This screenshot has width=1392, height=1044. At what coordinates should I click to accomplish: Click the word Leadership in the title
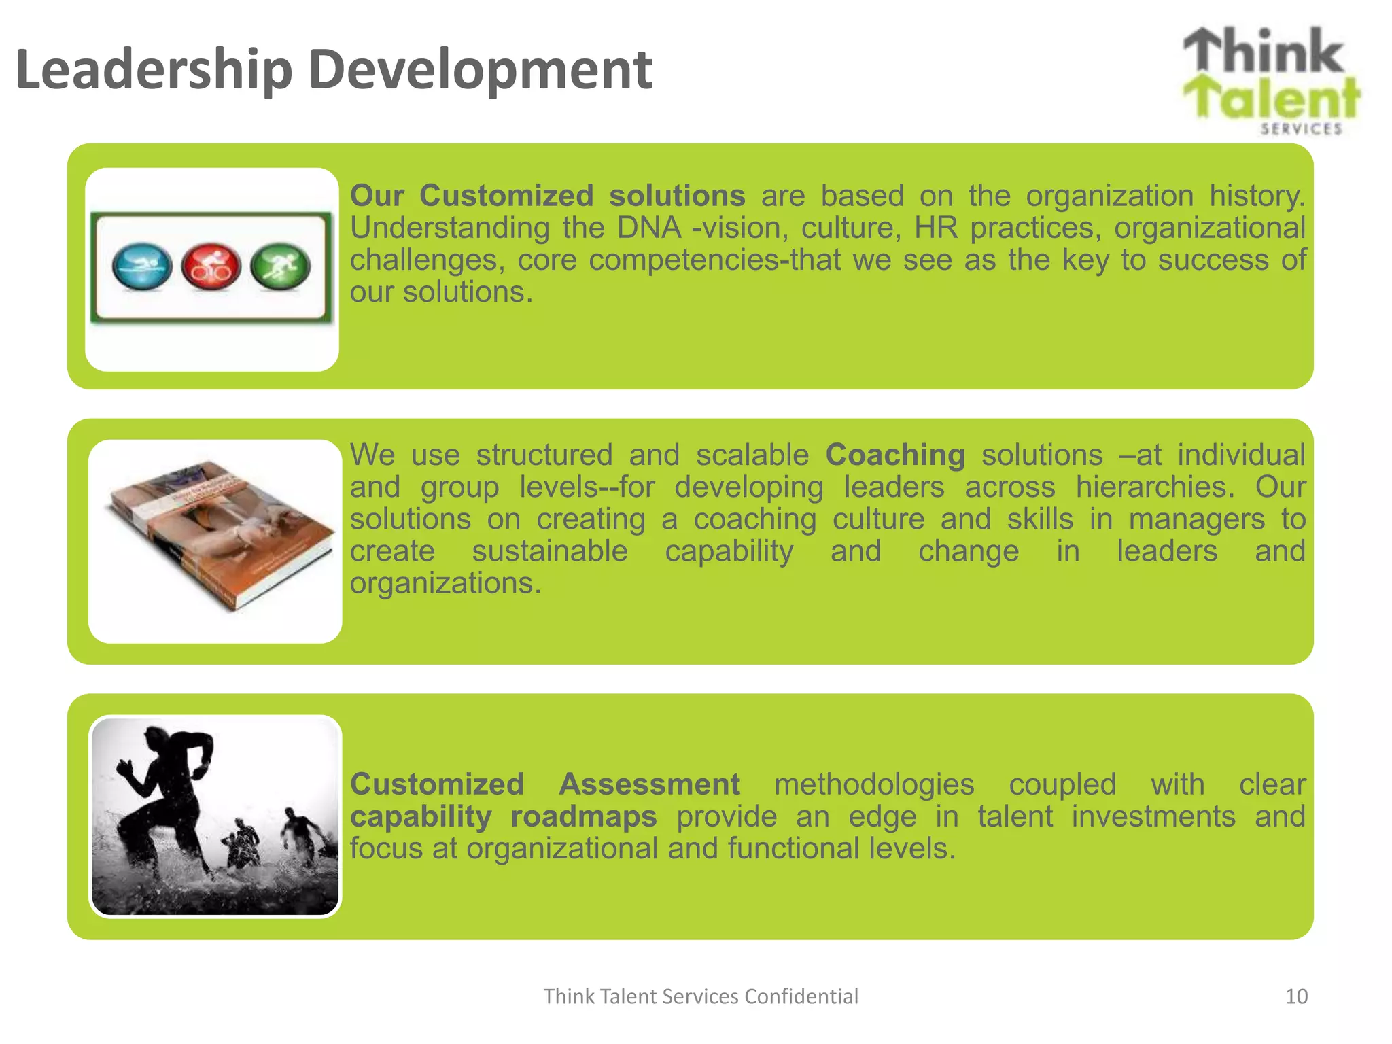(154, 71)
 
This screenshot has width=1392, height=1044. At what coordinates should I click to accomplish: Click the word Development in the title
(480, 71)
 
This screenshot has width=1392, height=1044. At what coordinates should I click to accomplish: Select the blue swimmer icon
(142, 266)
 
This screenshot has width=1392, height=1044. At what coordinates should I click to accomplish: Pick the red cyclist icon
(211, 266)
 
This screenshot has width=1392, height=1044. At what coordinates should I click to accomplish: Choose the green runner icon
(281, 266)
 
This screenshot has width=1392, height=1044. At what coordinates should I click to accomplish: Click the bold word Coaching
(895, 455)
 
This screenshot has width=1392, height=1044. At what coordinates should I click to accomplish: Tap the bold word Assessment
(649, 784)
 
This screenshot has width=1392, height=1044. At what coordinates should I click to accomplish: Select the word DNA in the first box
(649, 228)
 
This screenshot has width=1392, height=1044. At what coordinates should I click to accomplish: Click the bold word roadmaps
(583, 816)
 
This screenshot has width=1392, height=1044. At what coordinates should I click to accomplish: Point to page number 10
(1296, 996)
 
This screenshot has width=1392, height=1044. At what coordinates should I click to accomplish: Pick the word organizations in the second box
(445, 583)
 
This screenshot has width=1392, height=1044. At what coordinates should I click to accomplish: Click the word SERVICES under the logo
(1301, 129)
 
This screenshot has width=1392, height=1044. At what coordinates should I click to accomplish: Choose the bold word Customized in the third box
(437, 784)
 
